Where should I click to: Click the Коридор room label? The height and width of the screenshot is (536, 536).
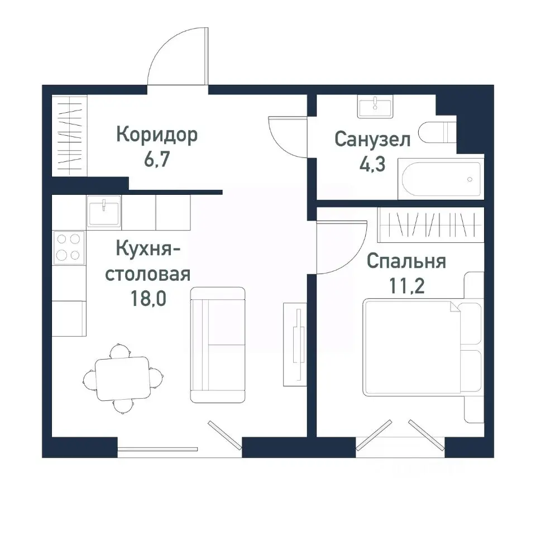157,135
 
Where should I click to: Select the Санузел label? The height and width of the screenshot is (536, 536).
372,139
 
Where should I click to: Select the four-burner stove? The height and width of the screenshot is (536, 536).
69,247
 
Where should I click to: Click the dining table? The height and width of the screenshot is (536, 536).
123,379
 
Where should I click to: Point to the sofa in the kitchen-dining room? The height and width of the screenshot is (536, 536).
218,344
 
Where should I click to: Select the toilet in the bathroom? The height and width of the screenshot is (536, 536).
438,133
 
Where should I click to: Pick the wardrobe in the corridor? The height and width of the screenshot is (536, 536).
70,137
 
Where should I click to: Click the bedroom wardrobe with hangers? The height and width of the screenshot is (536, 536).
429,225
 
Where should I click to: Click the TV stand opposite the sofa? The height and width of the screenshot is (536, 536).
295,343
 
